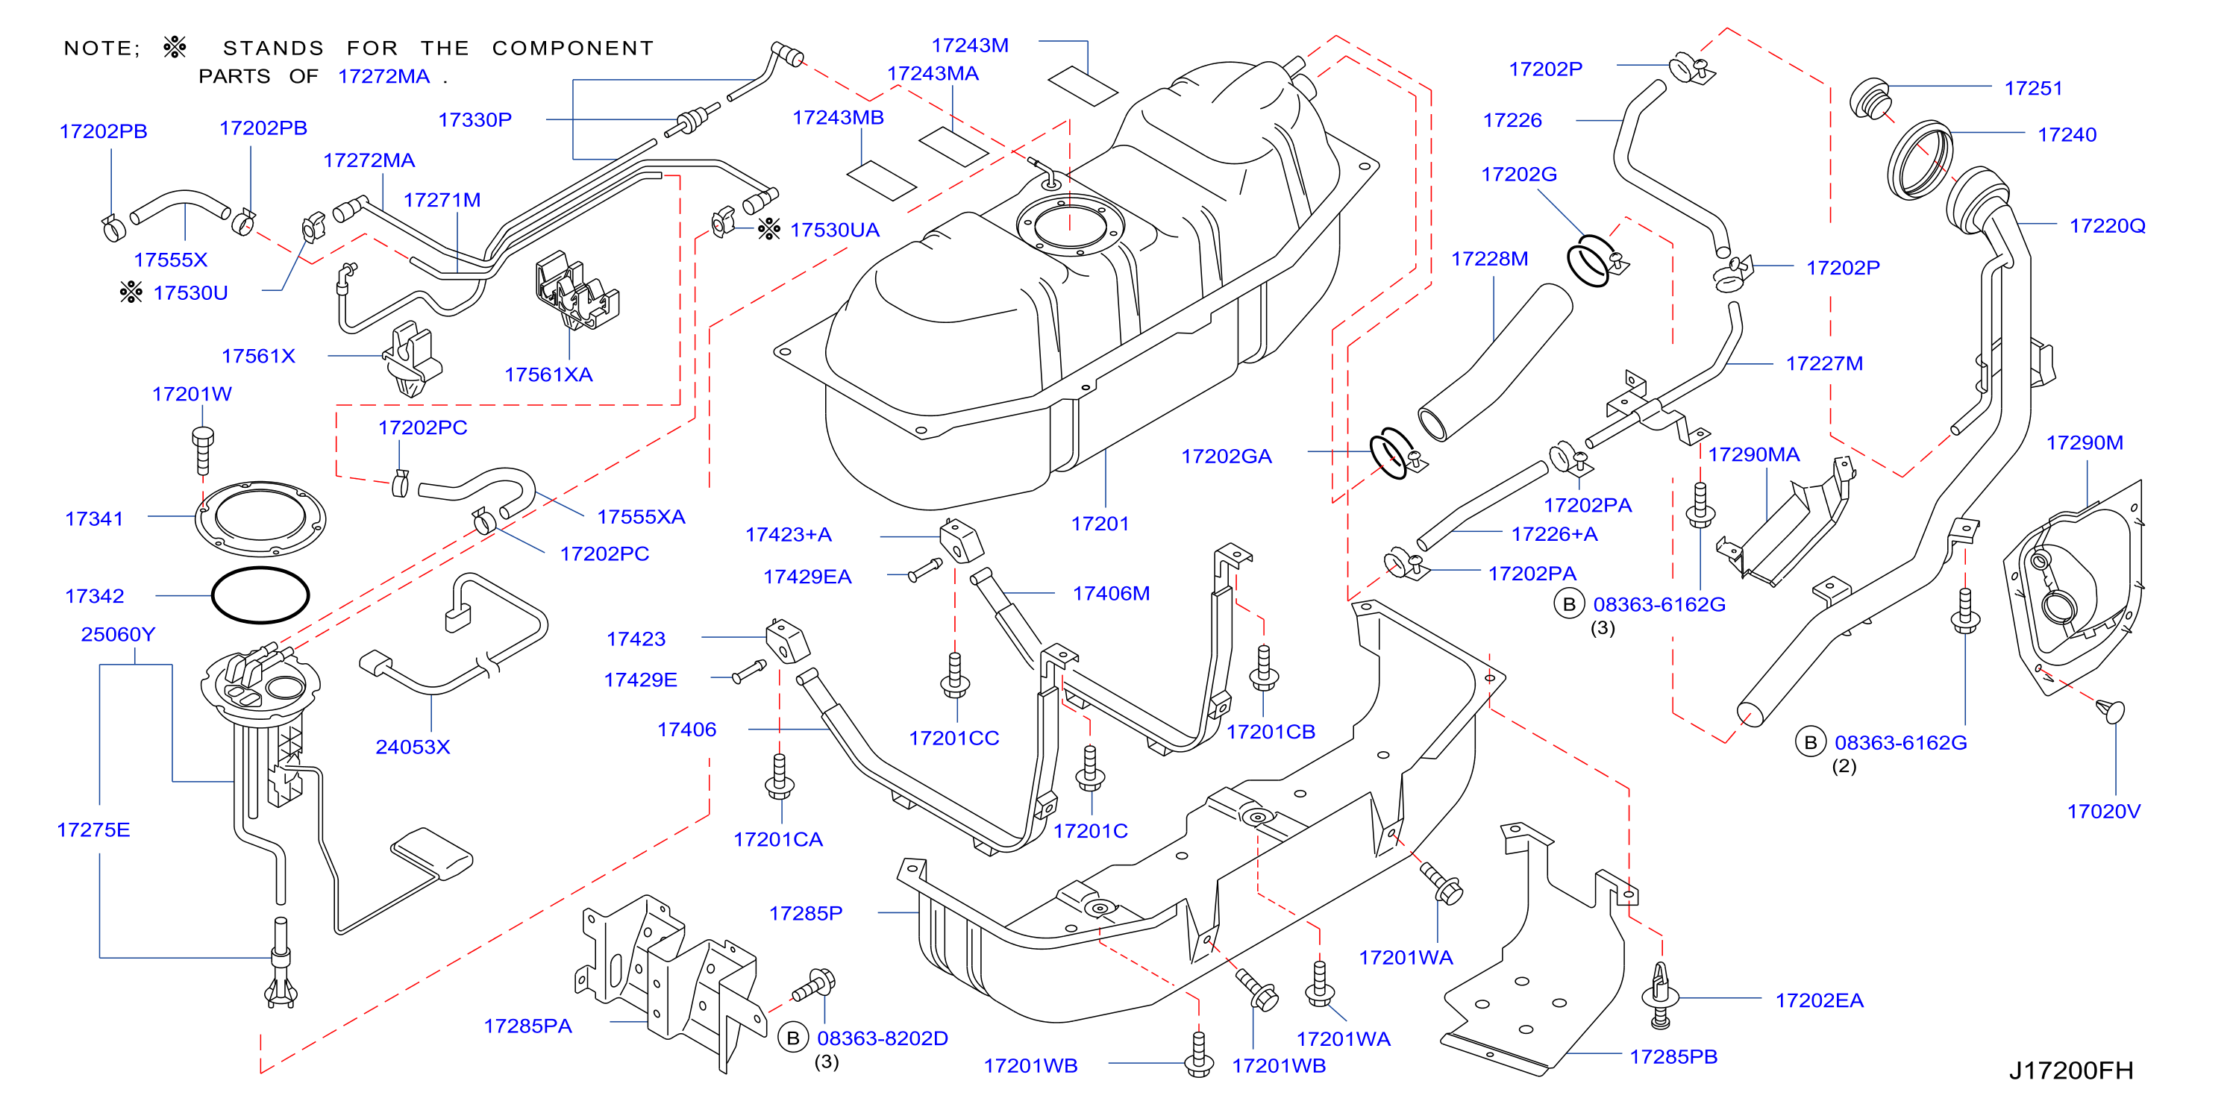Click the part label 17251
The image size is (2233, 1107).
pos(2033,89)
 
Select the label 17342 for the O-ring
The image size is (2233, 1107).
pos(95,597)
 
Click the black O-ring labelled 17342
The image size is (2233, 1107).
pos(260,595)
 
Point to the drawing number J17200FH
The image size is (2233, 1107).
pos(2071,1070)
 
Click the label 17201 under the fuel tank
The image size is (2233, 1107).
pos(1100,524)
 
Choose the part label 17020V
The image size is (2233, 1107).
pos(2104,812)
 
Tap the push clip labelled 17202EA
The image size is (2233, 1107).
pos(1660,995)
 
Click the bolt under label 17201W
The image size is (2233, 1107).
pos(203,450)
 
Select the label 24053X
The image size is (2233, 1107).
pos(413,747)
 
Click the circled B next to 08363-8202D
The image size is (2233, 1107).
pos(792,1038)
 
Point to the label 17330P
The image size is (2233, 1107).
pos(475,119)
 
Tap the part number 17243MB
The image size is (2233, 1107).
pos(839,117)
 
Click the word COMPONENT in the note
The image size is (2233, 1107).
pos(573,48)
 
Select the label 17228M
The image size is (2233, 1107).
pos(1489,258)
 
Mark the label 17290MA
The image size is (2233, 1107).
pos(1753,454)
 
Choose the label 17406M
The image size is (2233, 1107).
pos(1112,593)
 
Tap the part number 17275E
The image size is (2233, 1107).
pos(93,830)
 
